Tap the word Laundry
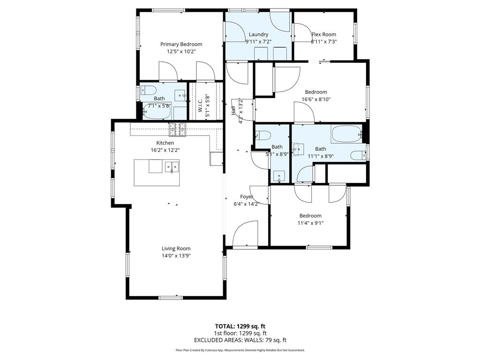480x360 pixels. (258, 34)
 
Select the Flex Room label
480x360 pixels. (323, 34)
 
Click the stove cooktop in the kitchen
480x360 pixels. (178, 129)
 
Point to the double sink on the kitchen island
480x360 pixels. (172, 166)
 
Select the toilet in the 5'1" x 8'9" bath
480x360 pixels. (263, 136)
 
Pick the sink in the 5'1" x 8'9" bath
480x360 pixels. (279, 177)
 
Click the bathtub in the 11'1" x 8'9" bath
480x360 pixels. (346, 135)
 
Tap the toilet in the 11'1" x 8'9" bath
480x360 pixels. (359, 155)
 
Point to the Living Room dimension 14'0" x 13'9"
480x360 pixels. (176, 256)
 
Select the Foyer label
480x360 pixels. (247, 197)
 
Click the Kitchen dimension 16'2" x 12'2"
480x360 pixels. (165, 150)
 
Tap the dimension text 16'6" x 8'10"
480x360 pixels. (316, 99)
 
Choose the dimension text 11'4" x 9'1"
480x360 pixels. (310, 223)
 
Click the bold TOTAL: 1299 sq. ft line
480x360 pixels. (240, 326)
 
